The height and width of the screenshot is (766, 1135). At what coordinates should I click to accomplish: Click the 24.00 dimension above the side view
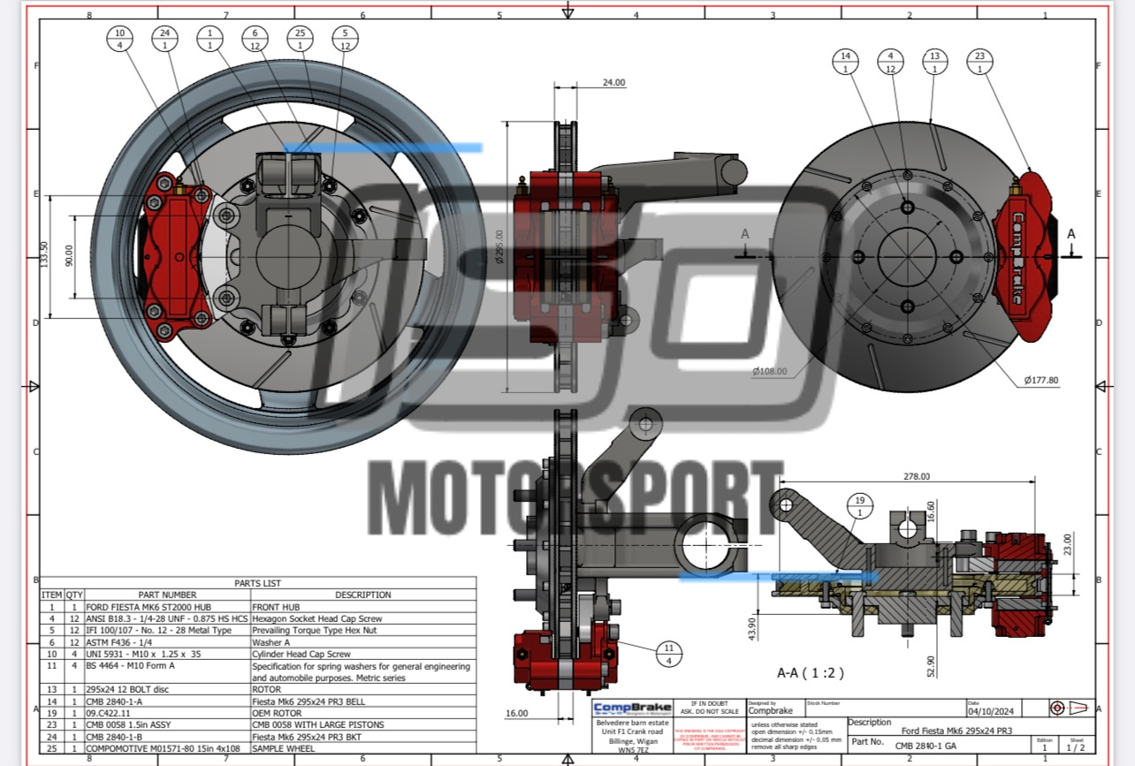(x=613, y=82)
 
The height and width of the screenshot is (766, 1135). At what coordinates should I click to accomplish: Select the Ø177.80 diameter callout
(x=1041, y=380)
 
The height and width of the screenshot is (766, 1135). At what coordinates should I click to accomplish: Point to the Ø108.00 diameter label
(x=769, y=371)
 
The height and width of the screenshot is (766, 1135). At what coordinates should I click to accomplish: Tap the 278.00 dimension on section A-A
(x=916, y=476)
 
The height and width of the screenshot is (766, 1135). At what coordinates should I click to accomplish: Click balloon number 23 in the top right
(x=979, y=62)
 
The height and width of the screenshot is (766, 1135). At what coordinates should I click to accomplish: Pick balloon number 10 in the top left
(x=120, y=40)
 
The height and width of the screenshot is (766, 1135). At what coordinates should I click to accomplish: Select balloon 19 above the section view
(x=859, y=505)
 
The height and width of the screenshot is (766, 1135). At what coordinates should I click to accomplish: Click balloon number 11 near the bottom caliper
(x=669, y=654)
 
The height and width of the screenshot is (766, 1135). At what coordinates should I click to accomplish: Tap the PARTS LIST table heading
(x=258, y=583)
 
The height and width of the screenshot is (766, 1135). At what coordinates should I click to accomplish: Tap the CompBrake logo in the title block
(x=631, y=709)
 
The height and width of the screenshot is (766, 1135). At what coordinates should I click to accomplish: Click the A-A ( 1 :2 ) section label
(x=810, y=672)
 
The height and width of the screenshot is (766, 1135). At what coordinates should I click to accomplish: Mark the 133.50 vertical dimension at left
(x=44, y=256)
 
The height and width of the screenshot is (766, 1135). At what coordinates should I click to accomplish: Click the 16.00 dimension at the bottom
(x=517, y=713)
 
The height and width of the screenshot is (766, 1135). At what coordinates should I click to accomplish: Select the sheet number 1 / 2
(x=1076, y=747)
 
